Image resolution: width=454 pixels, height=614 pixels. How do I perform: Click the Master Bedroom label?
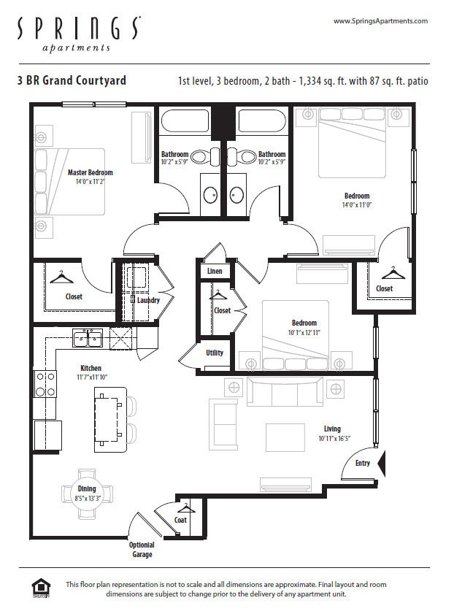point(91,173)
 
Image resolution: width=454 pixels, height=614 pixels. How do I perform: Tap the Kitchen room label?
point(91,368)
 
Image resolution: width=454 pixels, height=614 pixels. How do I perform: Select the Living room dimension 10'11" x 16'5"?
point(335,439)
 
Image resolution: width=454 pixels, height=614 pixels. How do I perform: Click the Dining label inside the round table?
point(86,489)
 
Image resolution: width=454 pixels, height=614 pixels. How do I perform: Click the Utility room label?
point(215,353)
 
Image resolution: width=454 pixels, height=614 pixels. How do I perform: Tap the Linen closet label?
point(215,271)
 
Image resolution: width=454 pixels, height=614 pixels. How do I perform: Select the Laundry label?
point(148,300)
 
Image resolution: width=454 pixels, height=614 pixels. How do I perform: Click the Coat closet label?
point(180,520)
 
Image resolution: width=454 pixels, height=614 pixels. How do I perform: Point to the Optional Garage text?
point(142,550)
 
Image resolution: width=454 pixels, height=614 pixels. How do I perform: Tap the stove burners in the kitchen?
point(45,383)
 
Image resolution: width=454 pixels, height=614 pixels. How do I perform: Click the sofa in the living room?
point(285,392)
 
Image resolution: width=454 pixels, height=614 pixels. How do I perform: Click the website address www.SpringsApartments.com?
point(380,21)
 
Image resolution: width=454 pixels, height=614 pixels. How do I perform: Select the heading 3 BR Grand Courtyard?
point(72,80)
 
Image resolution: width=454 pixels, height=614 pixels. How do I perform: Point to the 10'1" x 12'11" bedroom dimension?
point(304,332)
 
